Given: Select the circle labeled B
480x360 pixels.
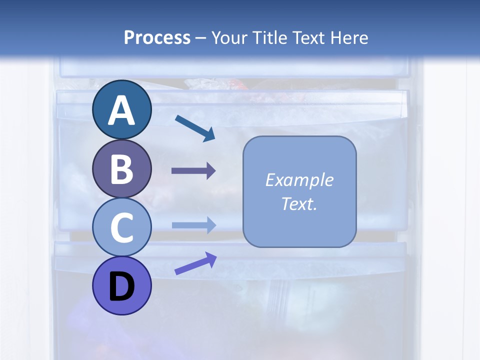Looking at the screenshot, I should point(121,169).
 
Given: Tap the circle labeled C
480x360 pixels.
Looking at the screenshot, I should point(121,227).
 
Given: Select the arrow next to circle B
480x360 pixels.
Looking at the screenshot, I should point(193,171).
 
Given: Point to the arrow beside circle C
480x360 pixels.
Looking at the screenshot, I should point(193,225).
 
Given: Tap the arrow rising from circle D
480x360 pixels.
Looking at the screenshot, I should point(195,263).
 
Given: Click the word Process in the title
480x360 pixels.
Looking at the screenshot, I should point(157,37).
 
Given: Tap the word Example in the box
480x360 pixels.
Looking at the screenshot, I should point(299,180).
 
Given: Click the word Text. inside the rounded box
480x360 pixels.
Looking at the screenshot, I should point(299,203).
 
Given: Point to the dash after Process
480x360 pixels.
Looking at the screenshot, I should point(201,38).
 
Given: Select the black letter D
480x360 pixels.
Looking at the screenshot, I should point(121,287).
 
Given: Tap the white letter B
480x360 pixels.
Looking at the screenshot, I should point(121,169).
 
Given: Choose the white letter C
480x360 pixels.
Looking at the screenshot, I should point(121,227).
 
